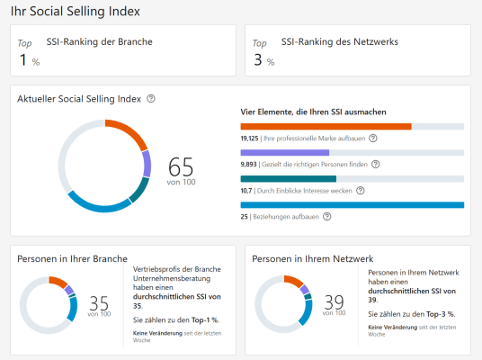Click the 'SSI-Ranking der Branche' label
tap(99, 41)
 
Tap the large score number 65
tap(181, 166)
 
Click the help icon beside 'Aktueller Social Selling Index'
tap(151, 98)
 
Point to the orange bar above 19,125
tap(326, 127)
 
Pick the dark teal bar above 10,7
tap(288, 179)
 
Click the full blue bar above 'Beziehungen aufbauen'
tap(352, 205)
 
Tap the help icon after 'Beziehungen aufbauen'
tap(326, 216)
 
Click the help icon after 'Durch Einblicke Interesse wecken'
tap(361, 191)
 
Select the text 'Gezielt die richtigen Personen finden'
tap(315, 165)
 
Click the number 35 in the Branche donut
tap(99, 301)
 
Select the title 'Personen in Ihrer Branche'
tap(72, 259)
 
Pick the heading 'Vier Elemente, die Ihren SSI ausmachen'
tap(314, 112)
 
